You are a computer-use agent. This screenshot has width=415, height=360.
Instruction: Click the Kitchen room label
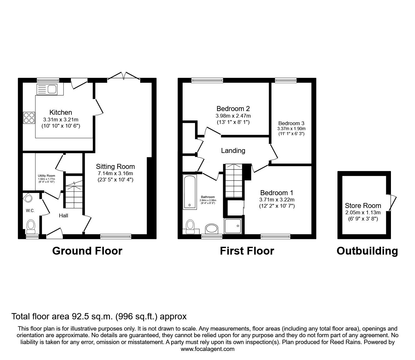(x=61, y=112)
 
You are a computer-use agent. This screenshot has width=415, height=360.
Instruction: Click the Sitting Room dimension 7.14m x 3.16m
(x=115, y=174)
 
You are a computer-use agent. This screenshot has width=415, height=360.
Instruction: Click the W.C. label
(x=30, y=210)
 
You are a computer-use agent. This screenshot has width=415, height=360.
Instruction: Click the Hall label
(x=63, y=215)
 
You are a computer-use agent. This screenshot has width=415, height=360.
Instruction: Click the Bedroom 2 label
(x=233, y=109)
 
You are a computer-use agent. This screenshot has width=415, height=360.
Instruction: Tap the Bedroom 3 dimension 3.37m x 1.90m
(x=291, y=129)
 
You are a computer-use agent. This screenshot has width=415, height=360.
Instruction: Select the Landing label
(x=233, y=151)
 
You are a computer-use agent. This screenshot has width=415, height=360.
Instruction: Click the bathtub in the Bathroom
(x=190, y=191)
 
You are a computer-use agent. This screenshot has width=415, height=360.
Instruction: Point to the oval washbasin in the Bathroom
(x=212, y=229)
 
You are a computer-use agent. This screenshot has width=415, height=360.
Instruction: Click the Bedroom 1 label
(x=277, y=193)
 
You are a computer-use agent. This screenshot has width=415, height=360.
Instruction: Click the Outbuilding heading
(x=367, y=251)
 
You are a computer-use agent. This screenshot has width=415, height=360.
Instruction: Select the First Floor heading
(x=247, y=251)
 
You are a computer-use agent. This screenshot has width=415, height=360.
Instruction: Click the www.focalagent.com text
(x=207, y=349)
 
